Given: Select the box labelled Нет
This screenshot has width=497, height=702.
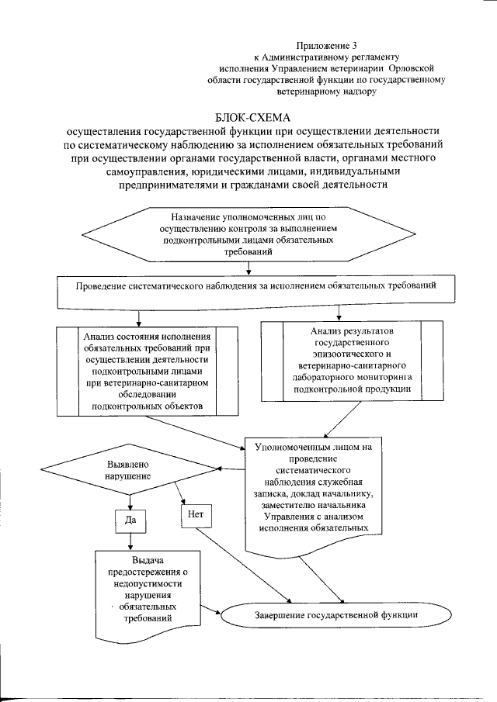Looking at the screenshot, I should [x=196, y=513].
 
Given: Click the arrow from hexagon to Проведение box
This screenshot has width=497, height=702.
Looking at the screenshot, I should [x=248, y=268].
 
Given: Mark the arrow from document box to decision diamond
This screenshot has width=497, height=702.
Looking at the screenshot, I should [x=231, y=468].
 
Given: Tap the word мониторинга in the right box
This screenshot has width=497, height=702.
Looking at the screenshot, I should [x=391, y=375].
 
